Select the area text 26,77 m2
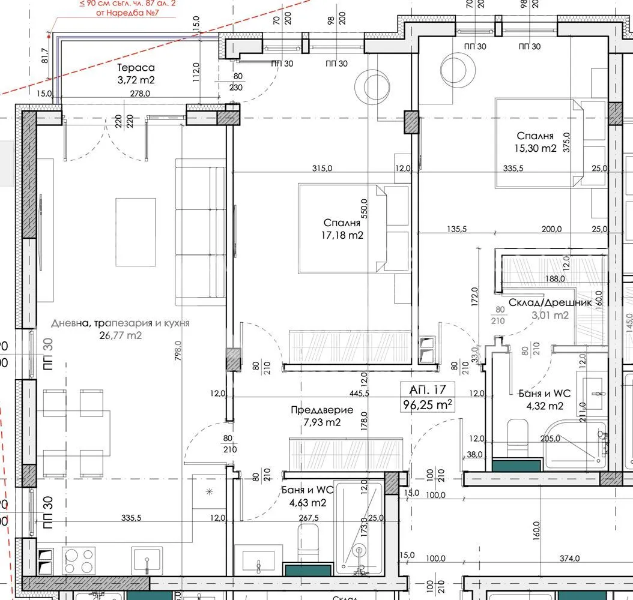pyautogui.click(x=122, y=335)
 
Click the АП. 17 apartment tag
pyautogui.click(x=427, y=389)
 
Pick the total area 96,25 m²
pyautogui.click(x=428, y=405)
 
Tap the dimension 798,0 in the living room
pyautogui.click(x=178, y=358)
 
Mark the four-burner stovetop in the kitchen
pyautogui.click(x=79, y=560)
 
